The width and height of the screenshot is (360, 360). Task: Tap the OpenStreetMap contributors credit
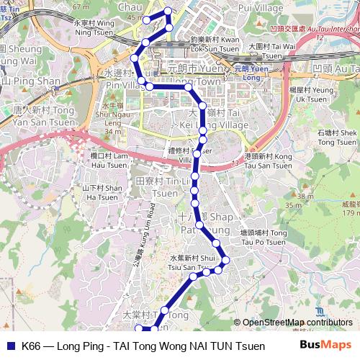pyautogui.click(x=293, y=323)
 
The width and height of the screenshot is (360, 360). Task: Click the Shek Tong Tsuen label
pyautogui.click(x=336, y=137)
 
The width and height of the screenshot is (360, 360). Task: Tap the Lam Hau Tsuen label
pyautogui.click(x=109, y=160)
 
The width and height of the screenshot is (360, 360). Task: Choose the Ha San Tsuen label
pyautogui.click(x=101, y=192)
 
